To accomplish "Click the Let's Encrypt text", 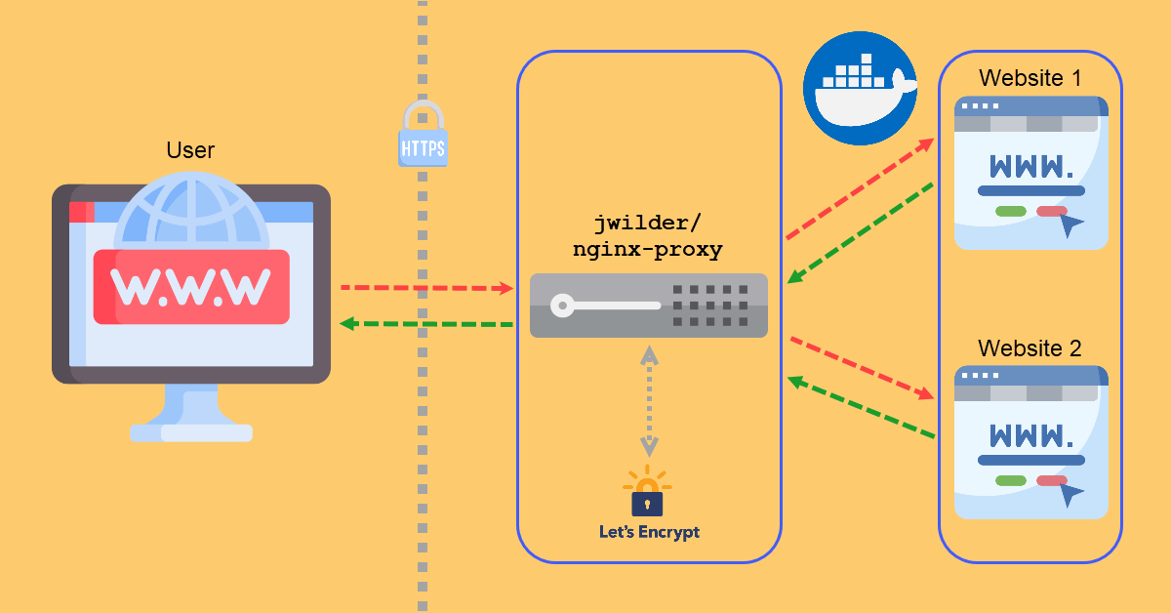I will (649, 533).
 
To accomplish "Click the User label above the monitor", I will (190, 150).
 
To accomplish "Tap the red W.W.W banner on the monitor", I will (191, 286).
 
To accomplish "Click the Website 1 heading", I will (1030, 78).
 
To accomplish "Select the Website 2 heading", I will (1030, 347).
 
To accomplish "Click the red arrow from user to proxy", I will (426, 288).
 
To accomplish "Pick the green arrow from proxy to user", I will (426, 323).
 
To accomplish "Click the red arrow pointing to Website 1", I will (860, 188).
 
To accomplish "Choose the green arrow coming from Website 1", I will (861, 232).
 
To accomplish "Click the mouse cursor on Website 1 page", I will (1071, 226).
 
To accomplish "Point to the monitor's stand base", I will (191, 431).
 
